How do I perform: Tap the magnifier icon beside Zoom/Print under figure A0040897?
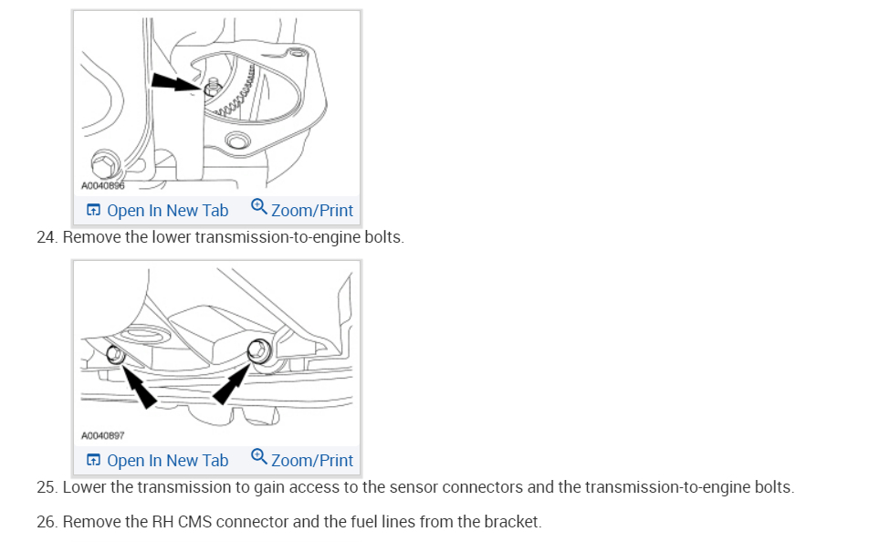(x=258, y=457)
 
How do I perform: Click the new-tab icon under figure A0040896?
(x=93, y=211)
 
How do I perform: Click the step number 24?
(x=46, y=237)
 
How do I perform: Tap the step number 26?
(x=46, y=523)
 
